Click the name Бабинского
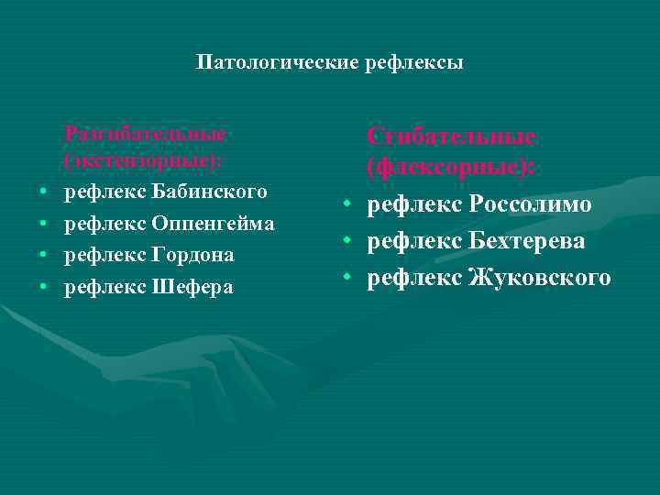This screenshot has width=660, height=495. tap(210, 192)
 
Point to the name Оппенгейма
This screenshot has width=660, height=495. tap(213, 223)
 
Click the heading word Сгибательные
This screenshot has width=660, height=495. tap(451, 137)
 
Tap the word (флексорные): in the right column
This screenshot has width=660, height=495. tap(452, 169)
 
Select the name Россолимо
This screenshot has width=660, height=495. tap(531, 204)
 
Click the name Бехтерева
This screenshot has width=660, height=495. tap(527, 240)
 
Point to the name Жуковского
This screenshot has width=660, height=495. tap(539, 277)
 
